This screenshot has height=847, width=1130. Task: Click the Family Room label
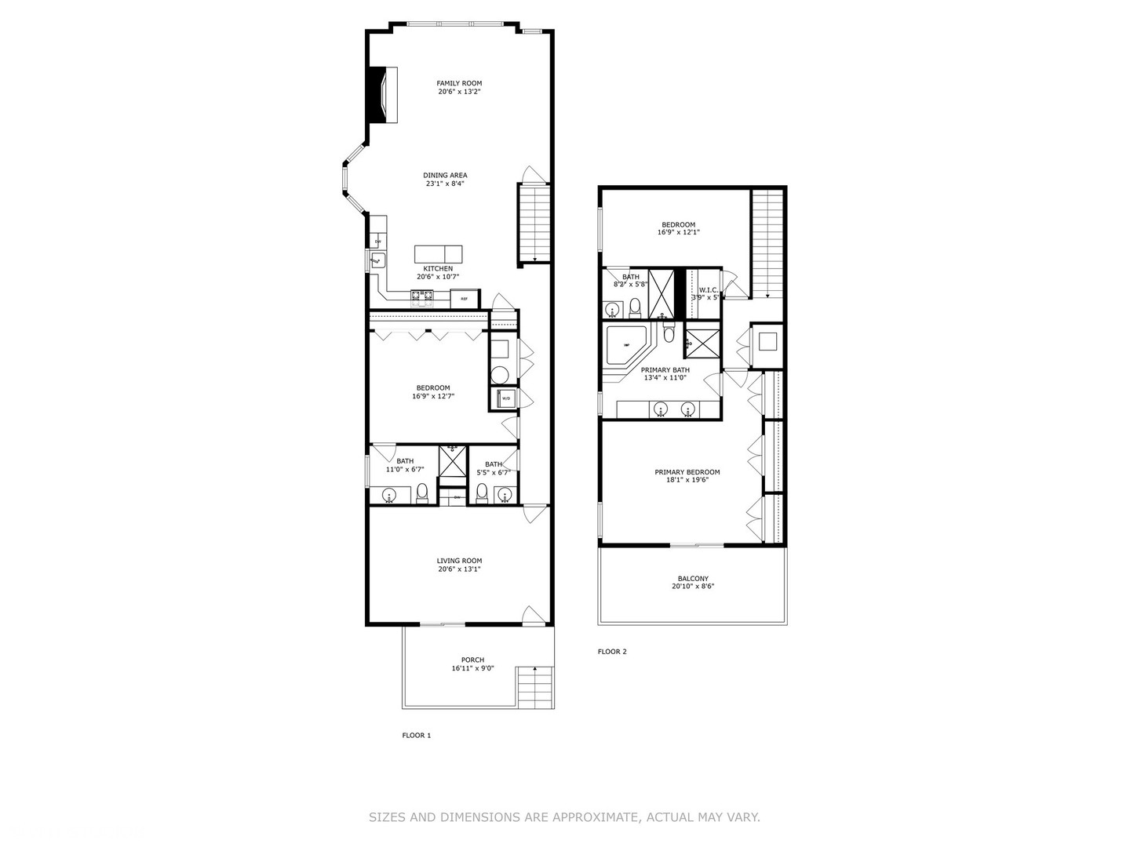pyautogui.click(x=459, y=83)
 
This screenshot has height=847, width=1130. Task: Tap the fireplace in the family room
pyautogui.click(x=385, y=95)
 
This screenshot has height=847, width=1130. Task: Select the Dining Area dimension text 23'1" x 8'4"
pyautogui.click(x=445, y=184)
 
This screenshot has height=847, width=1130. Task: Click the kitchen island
pyautogui.click(x=438, y=254)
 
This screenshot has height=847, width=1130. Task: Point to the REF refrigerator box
pyautogui.click(x=465, y=299)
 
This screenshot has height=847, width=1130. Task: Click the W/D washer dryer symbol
pyautogui.click(x=505, y=399)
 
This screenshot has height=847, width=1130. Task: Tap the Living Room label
pyautogui.click(x=459, y=561)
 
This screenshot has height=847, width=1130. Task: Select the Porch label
pyautogui.click(x=472, y=660)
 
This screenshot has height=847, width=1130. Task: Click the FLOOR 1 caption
pyautogui.click(x=416, y=736)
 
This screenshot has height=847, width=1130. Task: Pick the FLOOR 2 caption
pyautogui.click(x=612, y=652)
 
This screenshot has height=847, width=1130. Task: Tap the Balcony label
pyautogui.click(x=693, y=579)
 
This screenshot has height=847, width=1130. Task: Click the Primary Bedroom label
pyautogui.click(x=687, y=472)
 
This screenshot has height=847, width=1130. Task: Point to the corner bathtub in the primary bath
pyautogui.click(x=625, y=345)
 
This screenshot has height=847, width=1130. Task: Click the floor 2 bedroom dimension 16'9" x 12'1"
pyautogui.click(x=678, y=233)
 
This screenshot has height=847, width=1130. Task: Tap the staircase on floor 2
pyautogui.click(x=767, y=243)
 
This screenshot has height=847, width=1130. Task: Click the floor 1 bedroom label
pyautogui.click(x=433, y=387)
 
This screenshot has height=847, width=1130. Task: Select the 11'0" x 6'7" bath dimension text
pyautogui.click(x=405, y=470)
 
